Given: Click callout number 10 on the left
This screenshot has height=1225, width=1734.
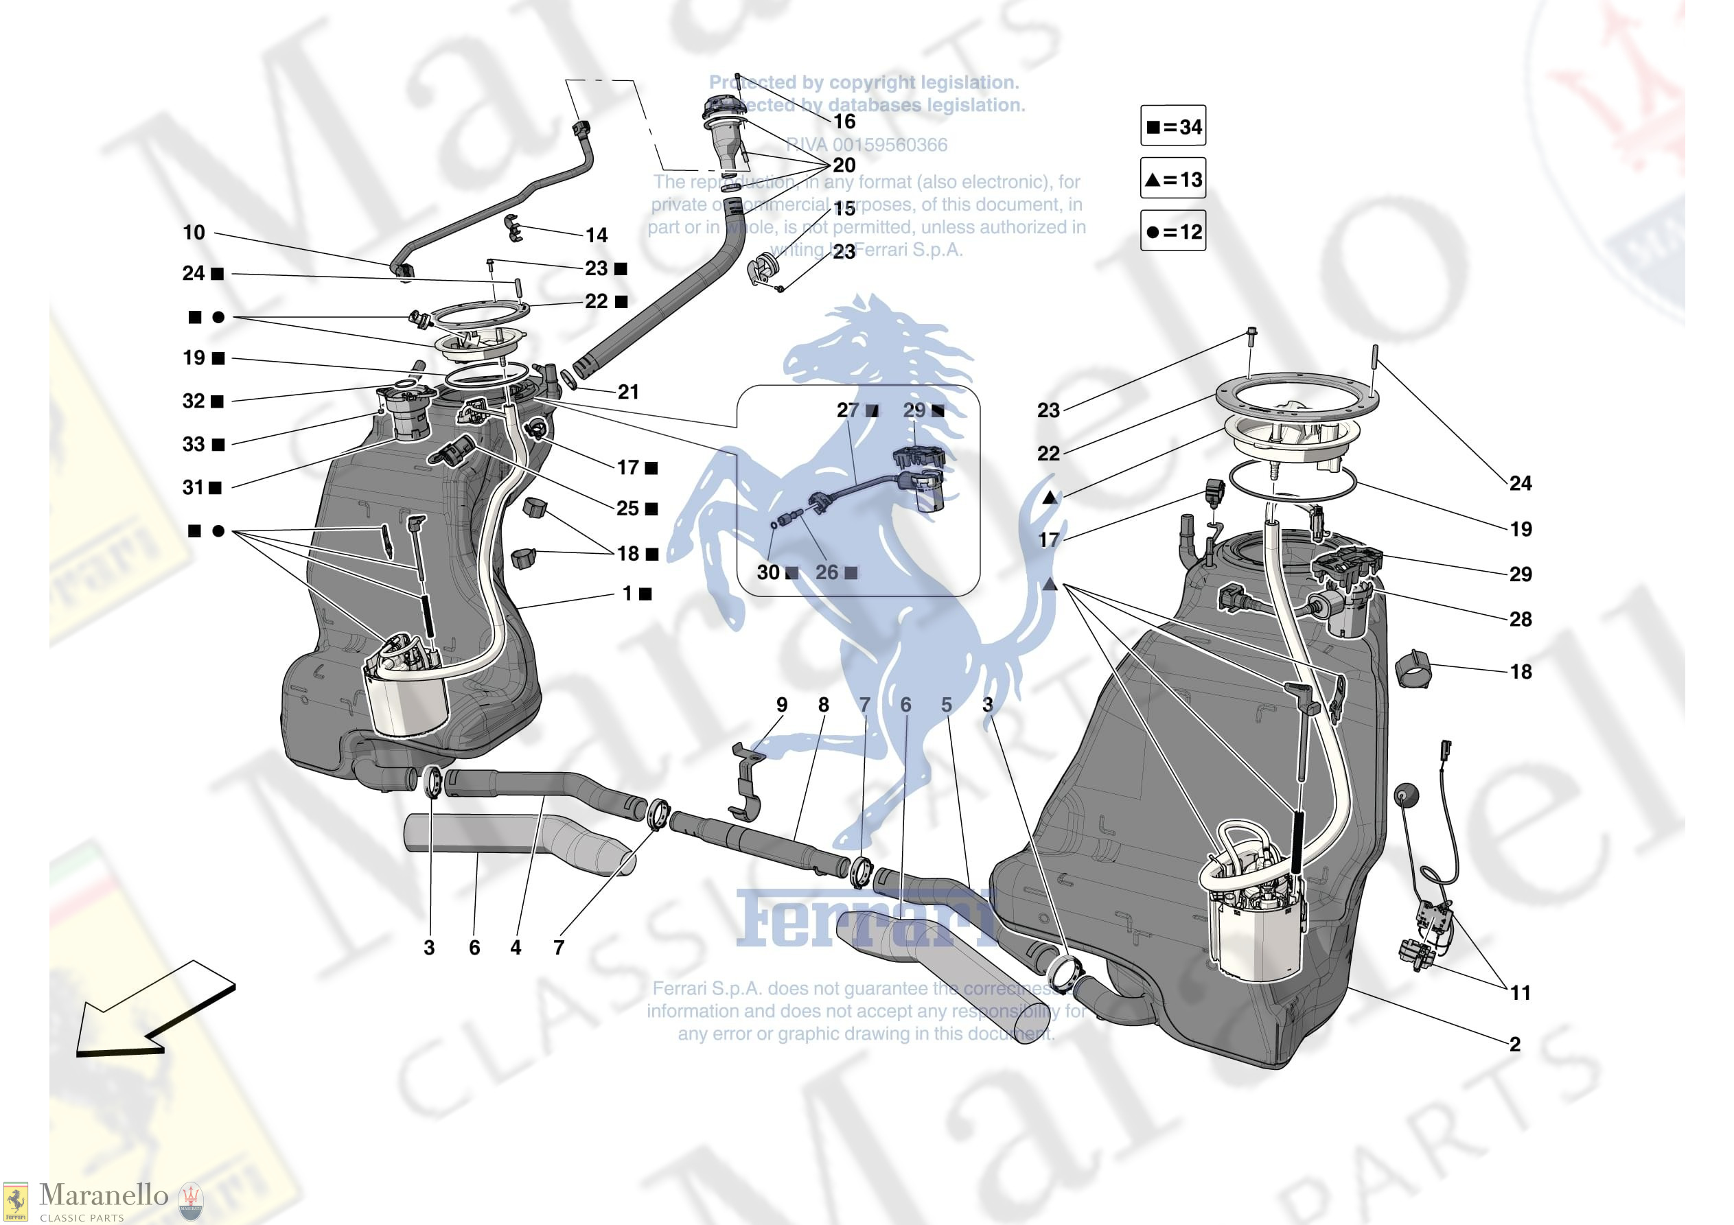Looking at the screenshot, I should [x=194, y=233].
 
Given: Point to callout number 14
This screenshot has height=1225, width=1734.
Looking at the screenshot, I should [x=597, y=235].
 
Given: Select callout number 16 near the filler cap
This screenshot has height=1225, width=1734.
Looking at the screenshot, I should [x=844, y=121].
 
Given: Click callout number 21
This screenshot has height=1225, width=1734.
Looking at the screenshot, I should [x=627, y=392].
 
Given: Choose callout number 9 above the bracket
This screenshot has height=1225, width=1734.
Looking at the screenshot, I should [x=782, y=705].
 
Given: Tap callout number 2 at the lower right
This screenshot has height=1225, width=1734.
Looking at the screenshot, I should [x=1514, y=1044].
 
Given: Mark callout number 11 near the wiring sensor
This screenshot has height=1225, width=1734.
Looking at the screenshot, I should [x=1521, y=992].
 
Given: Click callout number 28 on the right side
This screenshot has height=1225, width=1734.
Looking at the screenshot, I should [x=1521, y=619].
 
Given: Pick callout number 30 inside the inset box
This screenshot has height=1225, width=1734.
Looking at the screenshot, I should [x=768, y=572].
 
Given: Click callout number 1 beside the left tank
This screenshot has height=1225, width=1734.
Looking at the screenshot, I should [x=627, y=594].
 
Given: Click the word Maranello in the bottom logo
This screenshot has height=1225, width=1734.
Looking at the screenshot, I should [x=104, y=1195].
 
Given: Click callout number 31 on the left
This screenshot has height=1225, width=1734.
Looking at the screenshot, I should [x=194, y=488].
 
